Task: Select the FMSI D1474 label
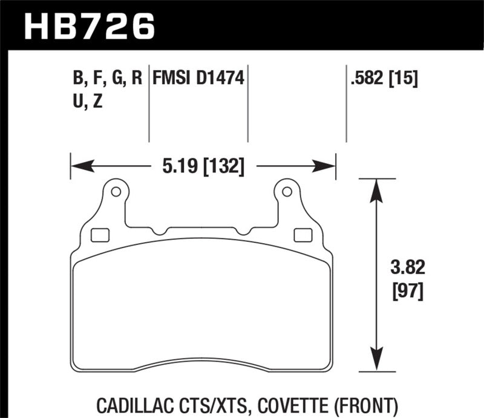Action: [x=198, y=78]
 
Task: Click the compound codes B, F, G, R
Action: [x=107, y=78]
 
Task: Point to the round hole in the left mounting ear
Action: [x=116, y=192]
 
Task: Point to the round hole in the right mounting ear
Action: [x=287, y=192]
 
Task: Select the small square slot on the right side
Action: [x=299, y=234]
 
